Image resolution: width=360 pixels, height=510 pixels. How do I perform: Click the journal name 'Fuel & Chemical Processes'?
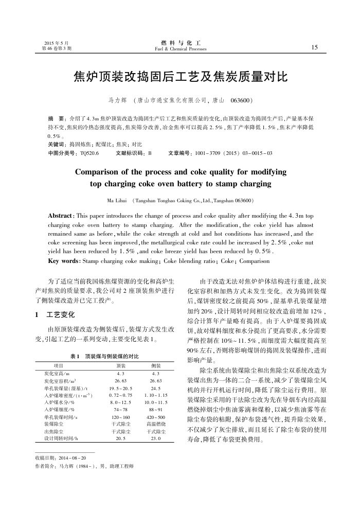click(180, 49)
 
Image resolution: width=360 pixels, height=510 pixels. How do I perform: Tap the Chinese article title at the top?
click(179, 78)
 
